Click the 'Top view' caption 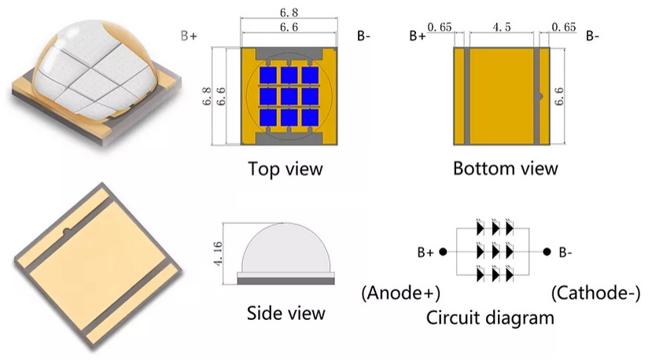[285, 168]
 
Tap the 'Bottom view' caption [505, 168]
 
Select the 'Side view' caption [285, 312]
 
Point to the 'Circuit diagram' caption [490, 318]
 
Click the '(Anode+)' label [400, 293]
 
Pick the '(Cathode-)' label [591, 293]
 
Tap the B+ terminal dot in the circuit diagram [443, 253]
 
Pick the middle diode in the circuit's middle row [495, 253]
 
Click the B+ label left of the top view [189, 36]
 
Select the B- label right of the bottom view [592, 36]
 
